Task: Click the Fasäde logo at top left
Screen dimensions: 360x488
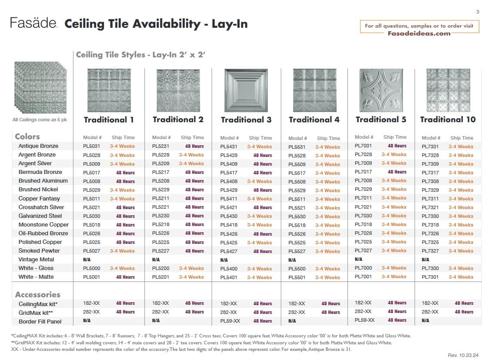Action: coord(33,23)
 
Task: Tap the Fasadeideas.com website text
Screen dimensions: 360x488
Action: coord(419,33)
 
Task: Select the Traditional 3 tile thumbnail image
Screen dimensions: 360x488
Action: coord(246,90)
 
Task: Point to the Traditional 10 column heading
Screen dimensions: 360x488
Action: coord(448,120)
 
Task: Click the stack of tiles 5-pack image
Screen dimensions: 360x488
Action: coord(40,88)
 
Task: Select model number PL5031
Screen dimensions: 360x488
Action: coord(91,146)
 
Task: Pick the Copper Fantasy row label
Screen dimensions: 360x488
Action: coord(39,198)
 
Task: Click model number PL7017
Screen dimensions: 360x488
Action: coord(363,172)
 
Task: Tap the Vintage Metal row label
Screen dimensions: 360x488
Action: coord(36,260)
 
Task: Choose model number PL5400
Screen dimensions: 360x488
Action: coord(229,269)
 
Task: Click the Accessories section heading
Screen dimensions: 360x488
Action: coord(37,294)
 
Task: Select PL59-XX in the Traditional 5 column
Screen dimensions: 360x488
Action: coord(364,320)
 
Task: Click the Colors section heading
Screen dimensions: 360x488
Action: coord(27,137)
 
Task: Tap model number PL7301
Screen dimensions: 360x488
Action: coord(430,277)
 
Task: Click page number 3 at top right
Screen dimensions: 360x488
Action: coord(478,12)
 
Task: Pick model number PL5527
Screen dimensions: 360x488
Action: coord(297,251)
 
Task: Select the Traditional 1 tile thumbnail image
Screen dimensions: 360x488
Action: coord(109,90)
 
